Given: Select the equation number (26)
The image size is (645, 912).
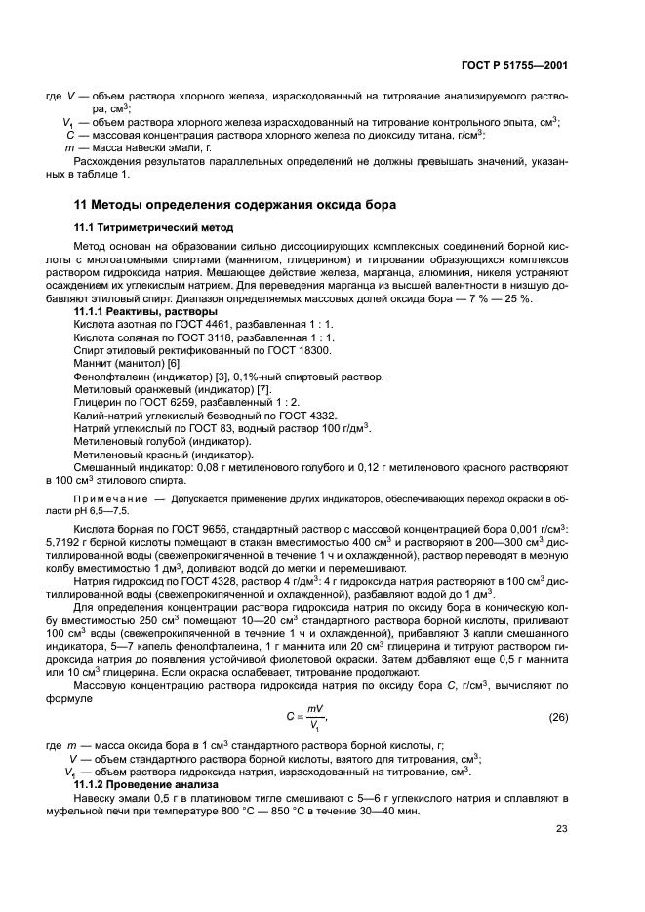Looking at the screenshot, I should [558, 716].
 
